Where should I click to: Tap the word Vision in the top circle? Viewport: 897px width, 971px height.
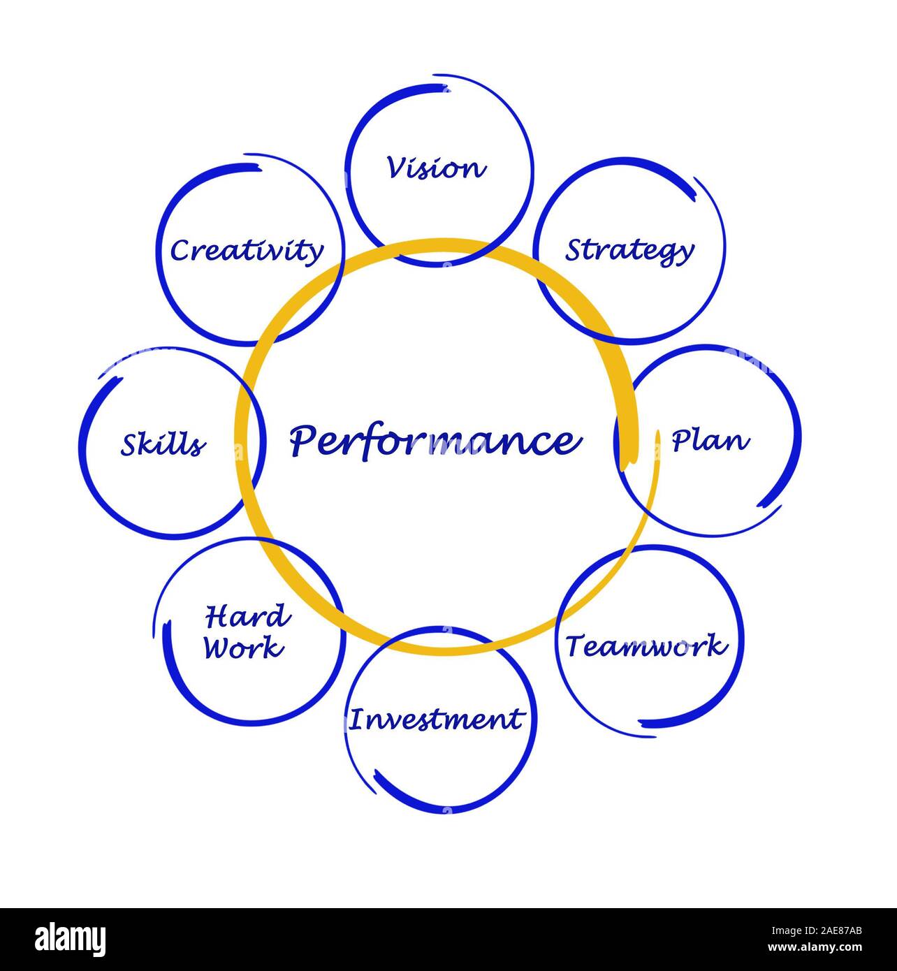tap(435, 168)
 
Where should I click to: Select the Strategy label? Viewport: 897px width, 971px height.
tap(629, 250)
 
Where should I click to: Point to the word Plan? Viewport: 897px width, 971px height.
tap(710, 441)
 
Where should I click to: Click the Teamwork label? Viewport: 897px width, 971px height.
tap(646, 646)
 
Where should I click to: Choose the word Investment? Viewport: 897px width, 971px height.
tap(436, 719)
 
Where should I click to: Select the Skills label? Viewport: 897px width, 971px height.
tap(163, 444)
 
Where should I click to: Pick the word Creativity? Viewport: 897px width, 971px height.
tap(247, 250)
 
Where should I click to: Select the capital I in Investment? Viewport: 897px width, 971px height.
tap(356, 719)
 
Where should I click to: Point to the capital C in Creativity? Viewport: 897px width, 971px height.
tap(180, 251)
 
